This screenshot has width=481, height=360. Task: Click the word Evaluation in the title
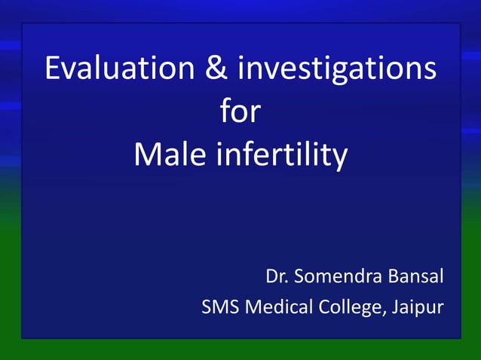tap(118, 69)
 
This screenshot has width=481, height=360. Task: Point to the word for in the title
tap(240, 112)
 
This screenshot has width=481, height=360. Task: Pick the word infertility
tap(283, 155)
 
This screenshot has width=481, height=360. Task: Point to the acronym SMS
tap(219, 307)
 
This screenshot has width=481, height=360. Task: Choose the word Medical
tap(277, 307)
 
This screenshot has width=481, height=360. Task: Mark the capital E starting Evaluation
tap(53, 69)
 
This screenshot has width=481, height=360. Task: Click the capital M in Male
tap(147, 155)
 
